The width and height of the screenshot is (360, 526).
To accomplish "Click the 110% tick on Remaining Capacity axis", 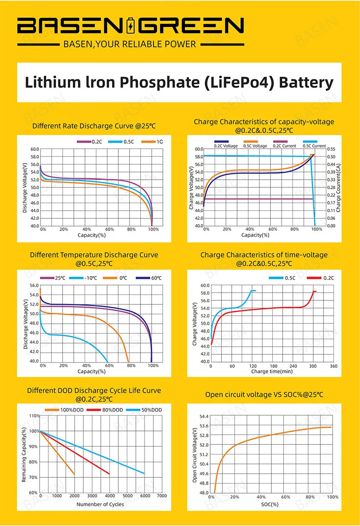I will (x=33, y=416).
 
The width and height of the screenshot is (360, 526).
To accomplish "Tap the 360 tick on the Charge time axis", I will (x=333, y=366).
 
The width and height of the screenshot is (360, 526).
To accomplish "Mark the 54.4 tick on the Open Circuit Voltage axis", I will (x=203, y=417).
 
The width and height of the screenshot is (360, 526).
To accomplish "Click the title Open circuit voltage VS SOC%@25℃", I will (x=264, y=394).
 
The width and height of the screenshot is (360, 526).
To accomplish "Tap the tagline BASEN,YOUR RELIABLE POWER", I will (x=130, y=44).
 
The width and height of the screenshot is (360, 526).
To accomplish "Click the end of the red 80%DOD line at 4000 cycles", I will (x=109, y=473).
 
